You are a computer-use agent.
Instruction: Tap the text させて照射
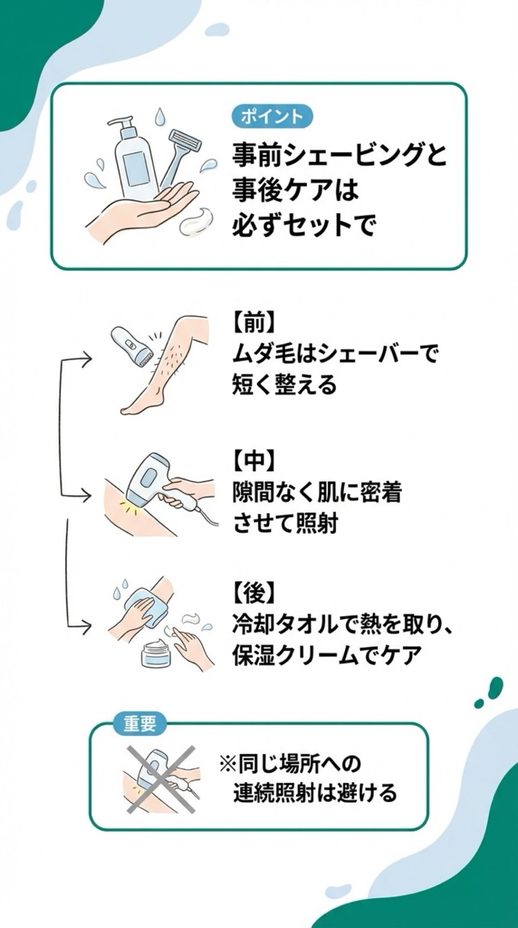tap(285, 524)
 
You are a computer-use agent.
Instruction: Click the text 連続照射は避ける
tap(315, 793)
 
